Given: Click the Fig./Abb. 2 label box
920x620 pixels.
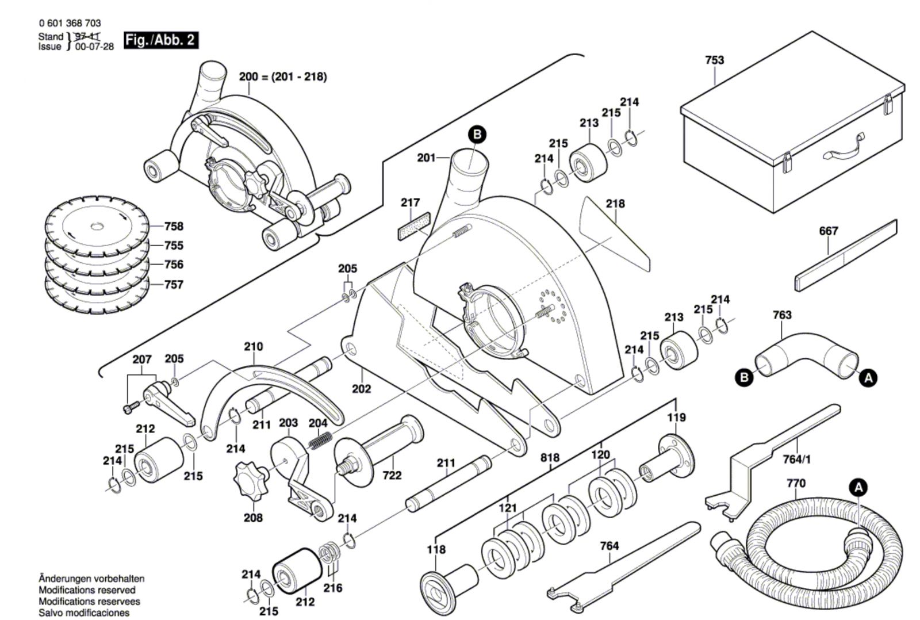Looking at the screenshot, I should tap(161, 40).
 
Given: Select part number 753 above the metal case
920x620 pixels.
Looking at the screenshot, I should tap(714, 60).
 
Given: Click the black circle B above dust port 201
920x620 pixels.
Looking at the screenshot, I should tap(476, 135).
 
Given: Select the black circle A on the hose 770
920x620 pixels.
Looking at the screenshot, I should tap(858, 488).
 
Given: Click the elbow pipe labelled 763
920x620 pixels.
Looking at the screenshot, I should tap(805, 354).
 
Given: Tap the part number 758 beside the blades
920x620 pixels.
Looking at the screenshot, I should tap(174, 227).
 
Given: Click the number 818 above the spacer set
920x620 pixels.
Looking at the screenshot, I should tap(550, 458).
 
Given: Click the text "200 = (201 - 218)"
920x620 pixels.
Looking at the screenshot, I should tap(283, 76).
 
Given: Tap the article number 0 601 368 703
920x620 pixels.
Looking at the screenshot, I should tap(70, 23).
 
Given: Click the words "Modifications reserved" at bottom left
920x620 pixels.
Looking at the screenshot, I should tap(87, 590).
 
